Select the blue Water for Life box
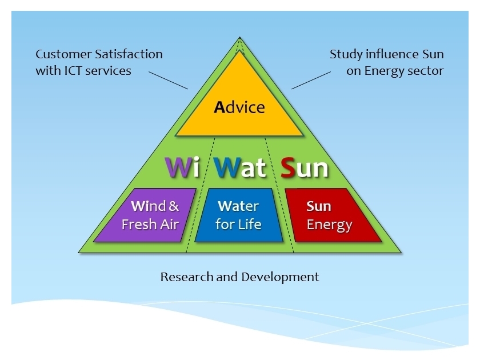pyautogui.click(x=239, y=215)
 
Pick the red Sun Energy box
pyautogui.click(x=331, y=215)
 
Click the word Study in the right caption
pyautogui.click(x=345, y=54)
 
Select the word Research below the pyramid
pyautogui.click(x=187, y=277)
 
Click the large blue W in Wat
pyautogui.click(x=227, y=167)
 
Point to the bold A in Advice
pyautogui.click(x=219, y=107)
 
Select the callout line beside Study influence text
pyautogui.click(x=311, y=79)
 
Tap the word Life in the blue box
pyautogui.click(x=250, y=225)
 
